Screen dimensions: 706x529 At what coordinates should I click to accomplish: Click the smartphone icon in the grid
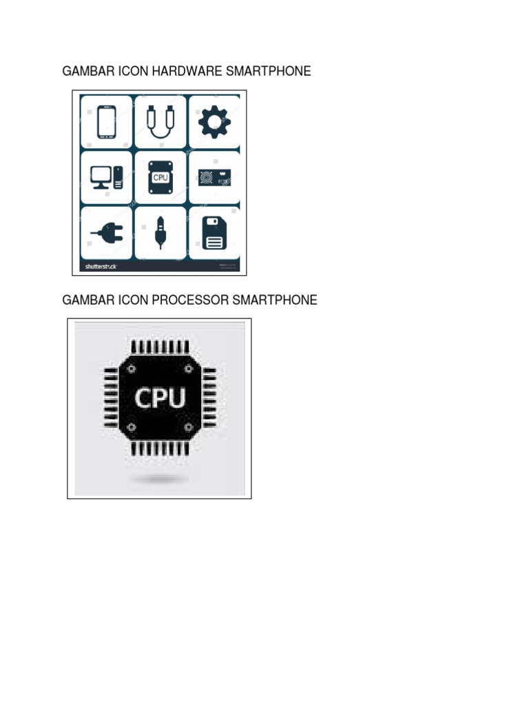[105, 123]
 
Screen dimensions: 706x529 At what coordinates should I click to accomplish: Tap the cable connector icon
[160, 123]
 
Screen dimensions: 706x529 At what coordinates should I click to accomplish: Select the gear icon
[214, 123]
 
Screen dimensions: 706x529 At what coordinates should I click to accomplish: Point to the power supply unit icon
[214, 177]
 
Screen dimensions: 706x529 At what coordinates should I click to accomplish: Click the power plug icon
[105, 233]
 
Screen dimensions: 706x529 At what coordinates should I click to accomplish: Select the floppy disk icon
[214, 233]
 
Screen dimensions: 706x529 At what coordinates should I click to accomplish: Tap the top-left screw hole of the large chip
[131, 368]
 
